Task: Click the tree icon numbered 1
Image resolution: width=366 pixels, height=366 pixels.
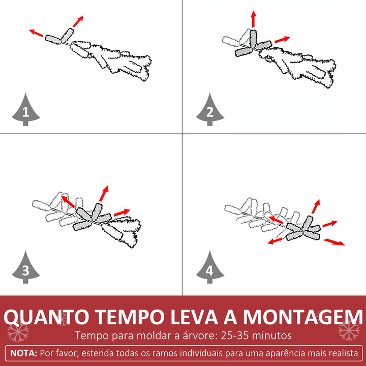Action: pos(26,109)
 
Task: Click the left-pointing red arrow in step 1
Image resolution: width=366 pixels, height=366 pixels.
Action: pos(36,33)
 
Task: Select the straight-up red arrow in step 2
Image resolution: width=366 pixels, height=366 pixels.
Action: pos(253,19)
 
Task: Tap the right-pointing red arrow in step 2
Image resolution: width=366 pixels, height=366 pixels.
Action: pos(282,39)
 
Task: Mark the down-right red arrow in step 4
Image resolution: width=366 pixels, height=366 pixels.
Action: pos(334,241)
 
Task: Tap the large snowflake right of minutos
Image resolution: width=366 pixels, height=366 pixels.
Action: pos(348,332)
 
